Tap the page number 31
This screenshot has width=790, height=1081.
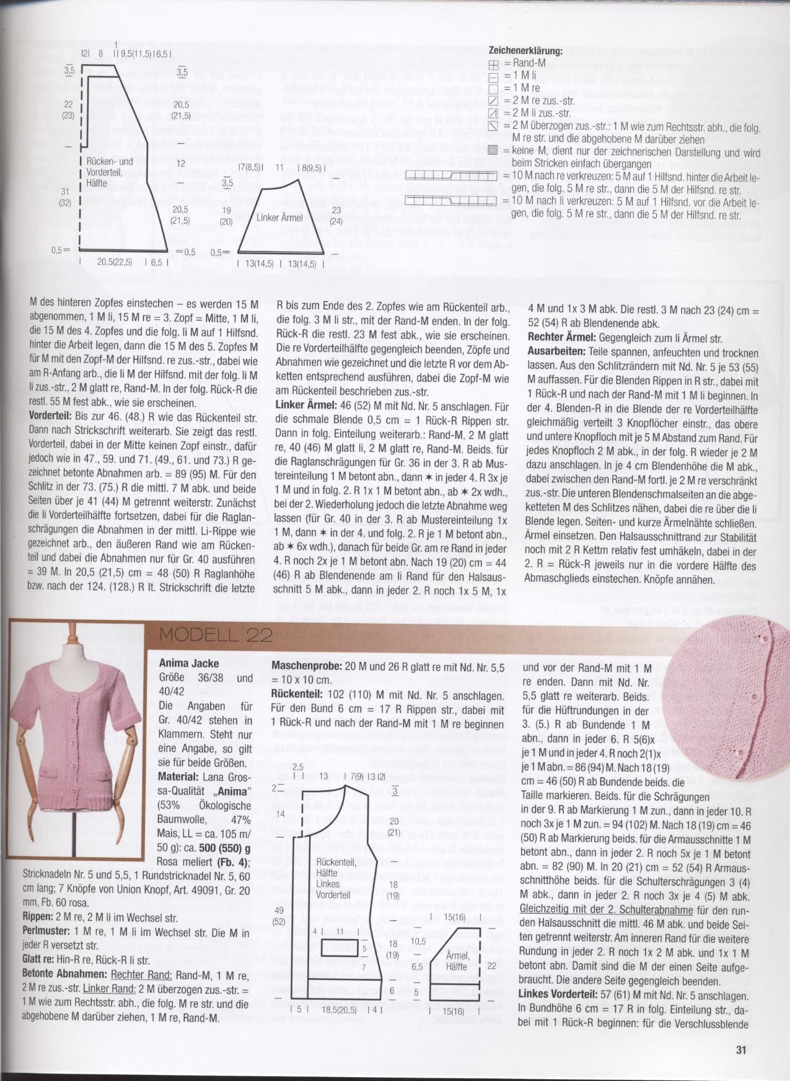742,1050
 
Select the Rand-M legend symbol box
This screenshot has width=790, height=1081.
493,64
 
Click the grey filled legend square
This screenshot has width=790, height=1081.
493,151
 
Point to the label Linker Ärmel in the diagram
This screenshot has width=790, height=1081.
279,218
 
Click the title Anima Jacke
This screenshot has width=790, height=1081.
189,663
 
